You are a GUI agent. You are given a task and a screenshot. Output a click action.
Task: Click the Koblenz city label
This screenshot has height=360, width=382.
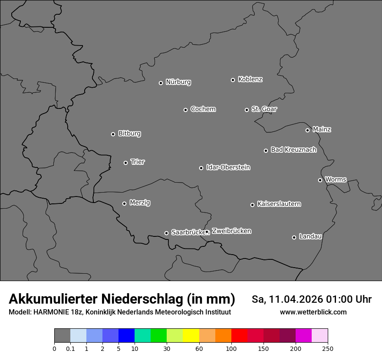(250, 79)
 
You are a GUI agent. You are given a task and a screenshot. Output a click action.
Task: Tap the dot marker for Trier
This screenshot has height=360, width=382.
(126, 163)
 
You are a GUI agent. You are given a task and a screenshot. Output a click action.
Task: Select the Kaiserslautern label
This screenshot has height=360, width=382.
(279, 204)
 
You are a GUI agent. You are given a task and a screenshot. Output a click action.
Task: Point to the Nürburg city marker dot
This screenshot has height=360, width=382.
(161, 83)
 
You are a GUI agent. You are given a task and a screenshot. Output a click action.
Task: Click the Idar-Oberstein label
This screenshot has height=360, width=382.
(228, 167)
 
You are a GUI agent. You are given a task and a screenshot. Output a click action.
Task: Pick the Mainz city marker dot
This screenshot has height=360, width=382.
(307, 130)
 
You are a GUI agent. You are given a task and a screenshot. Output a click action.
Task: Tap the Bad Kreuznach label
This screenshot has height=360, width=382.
(293, 150)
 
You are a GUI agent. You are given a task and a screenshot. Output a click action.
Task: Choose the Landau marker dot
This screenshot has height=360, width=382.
(294, 237)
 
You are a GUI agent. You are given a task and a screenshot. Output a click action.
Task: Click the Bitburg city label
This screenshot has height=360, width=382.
(129, 134)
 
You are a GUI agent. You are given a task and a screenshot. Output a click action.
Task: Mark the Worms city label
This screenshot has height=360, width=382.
(336, 179)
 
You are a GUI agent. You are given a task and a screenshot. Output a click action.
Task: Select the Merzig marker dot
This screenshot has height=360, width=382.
(124, 203)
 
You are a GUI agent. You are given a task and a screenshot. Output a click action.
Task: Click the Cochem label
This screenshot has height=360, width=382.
(203, 109)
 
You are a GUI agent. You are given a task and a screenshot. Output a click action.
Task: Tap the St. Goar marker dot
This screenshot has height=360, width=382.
(247, 110)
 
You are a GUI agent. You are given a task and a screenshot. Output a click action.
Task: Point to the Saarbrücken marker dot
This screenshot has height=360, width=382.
(166, 233)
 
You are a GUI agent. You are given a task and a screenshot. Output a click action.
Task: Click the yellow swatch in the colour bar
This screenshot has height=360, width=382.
(191, 336)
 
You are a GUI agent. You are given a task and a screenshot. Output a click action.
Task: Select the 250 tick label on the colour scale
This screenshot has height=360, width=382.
(328, 349)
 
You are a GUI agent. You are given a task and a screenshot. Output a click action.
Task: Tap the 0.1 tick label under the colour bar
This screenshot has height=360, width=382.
(70, 349)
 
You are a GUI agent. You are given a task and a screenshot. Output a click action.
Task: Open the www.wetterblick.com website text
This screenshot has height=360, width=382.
(313, 312)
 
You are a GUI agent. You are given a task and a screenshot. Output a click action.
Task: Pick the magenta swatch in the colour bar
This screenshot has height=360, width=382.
(303, 336)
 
